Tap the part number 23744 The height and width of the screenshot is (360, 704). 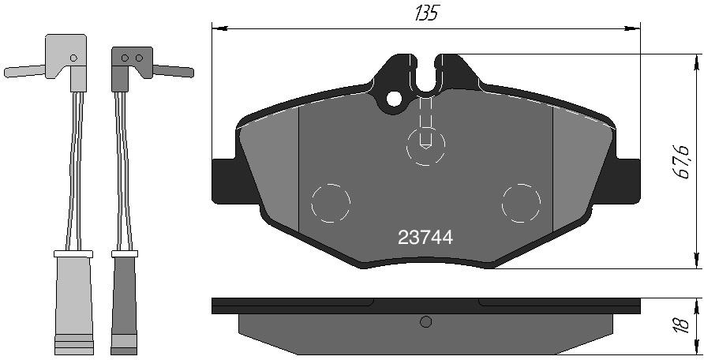pos(425,238)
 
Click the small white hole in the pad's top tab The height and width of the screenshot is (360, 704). pos(394,99)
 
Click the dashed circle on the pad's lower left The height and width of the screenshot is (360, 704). pos(331,204)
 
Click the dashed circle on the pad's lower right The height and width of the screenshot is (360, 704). pos(521,204)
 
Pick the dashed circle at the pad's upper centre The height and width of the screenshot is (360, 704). pos(425,145)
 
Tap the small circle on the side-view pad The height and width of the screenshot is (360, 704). pos(425,321)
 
